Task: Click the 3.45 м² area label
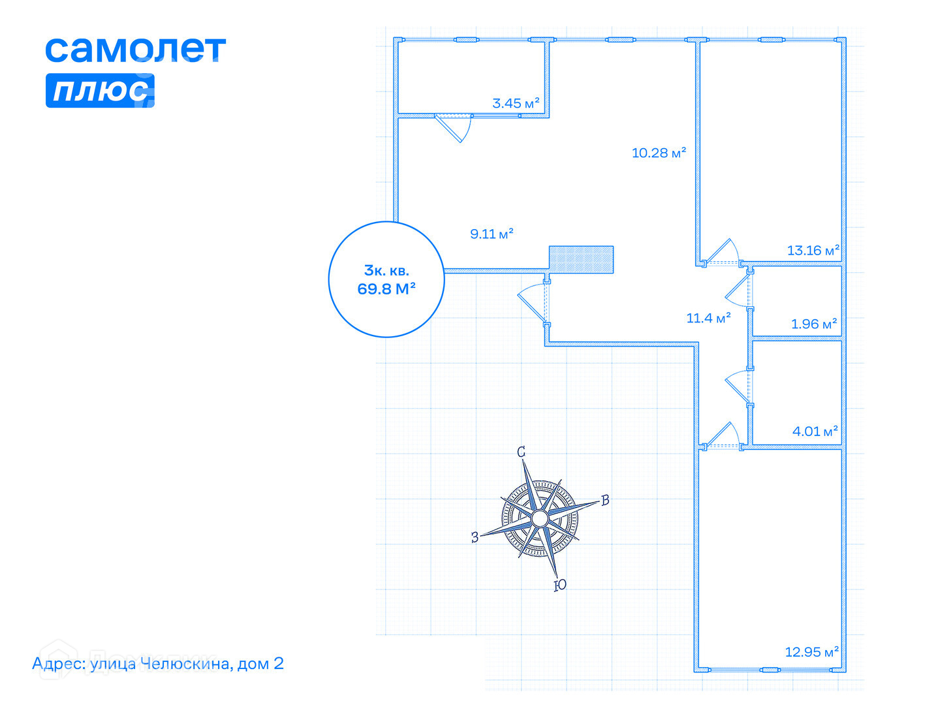point(516,103)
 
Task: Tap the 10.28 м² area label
point(659,153)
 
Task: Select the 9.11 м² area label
point(492,234)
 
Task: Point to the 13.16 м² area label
point(813,250)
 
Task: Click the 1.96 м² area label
point(813,324)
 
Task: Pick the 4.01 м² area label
point(815,431)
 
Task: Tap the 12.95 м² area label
point(811,652)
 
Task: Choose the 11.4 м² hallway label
point(708,318)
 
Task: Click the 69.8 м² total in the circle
point(386,289)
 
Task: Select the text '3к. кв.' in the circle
point(386,270)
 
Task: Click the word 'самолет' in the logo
point(135,50)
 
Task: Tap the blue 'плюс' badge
point(100,91)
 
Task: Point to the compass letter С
point(521,452)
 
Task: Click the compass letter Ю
point(559,586)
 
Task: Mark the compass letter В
point(605,500)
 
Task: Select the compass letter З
point(475,537)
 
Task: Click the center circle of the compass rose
point(539,518)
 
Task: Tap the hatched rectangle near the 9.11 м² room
point(581,259)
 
